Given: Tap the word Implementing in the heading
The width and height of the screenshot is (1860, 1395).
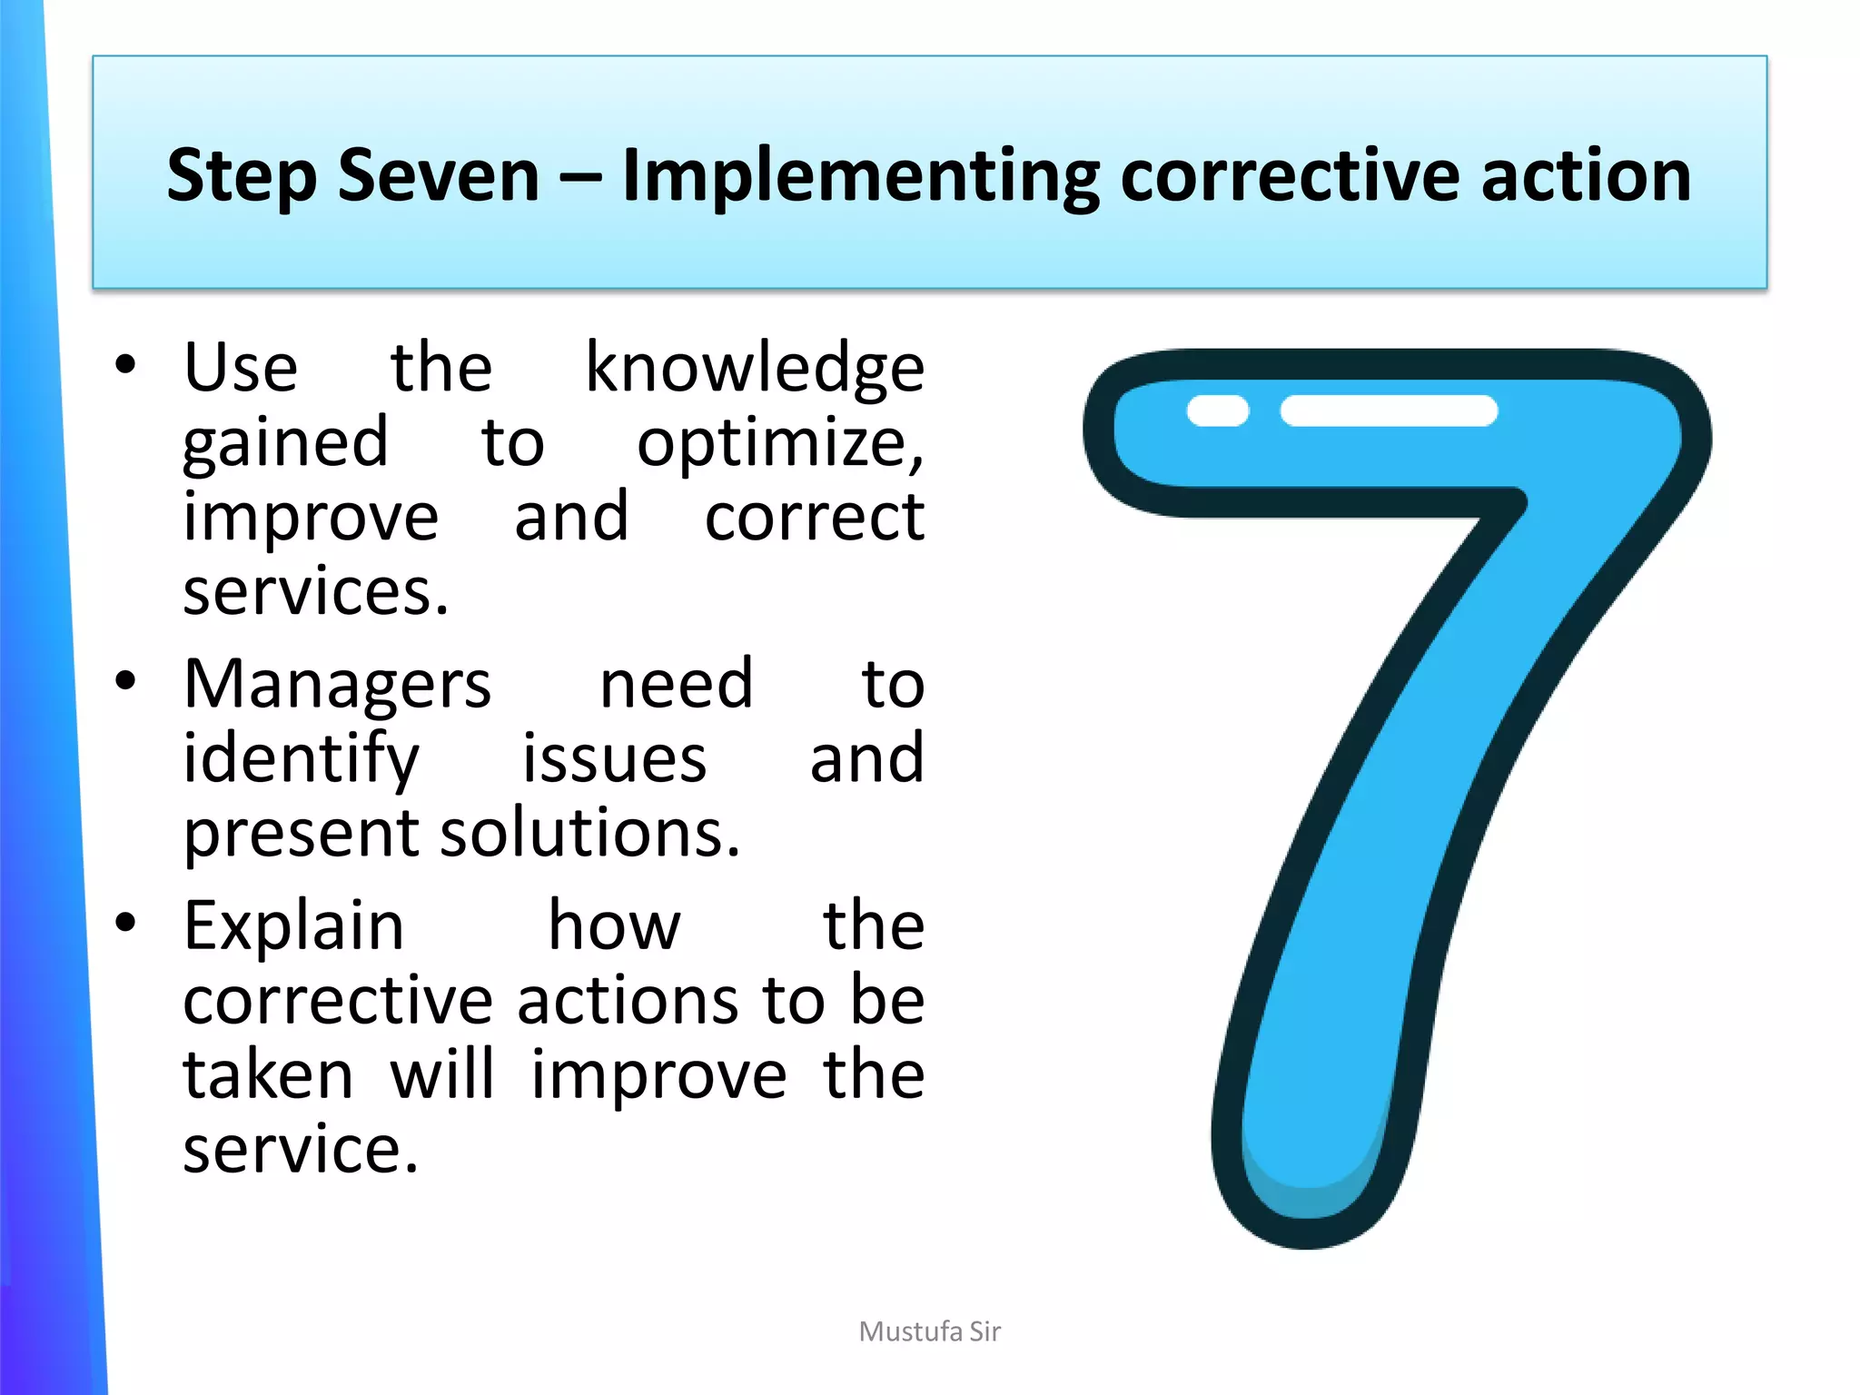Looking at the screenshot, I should tap(860, 176).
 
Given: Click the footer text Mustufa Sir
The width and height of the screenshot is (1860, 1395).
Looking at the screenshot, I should tap(929, 1331).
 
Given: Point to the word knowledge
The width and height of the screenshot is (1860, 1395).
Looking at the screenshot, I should tap(754, 369).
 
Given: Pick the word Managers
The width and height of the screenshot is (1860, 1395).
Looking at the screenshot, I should tap(337, 685).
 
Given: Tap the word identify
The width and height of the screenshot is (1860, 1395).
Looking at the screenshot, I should tap(301, 759).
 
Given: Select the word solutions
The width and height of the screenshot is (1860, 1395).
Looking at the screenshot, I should tap(589, 833).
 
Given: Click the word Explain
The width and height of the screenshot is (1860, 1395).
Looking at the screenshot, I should tap(293, 926).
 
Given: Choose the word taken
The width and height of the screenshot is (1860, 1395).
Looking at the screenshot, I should tap(268, 1075).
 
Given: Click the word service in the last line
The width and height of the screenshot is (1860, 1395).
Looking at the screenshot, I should tap(300, 1150).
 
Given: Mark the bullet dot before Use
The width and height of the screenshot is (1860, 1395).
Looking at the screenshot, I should tap(125, 365).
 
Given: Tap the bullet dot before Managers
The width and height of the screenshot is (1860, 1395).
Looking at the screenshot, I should tap(125, 681).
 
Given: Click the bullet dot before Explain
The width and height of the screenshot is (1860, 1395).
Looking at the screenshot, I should tap(125, 923).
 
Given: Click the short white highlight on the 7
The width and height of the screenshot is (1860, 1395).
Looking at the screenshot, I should tap(1218, 411).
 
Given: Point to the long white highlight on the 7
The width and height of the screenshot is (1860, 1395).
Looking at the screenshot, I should tap(1389, 411).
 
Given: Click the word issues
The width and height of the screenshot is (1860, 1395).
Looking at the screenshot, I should tap(614, 759).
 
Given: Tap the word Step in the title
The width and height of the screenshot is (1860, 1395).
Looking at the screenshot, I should tap(242, 176).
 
